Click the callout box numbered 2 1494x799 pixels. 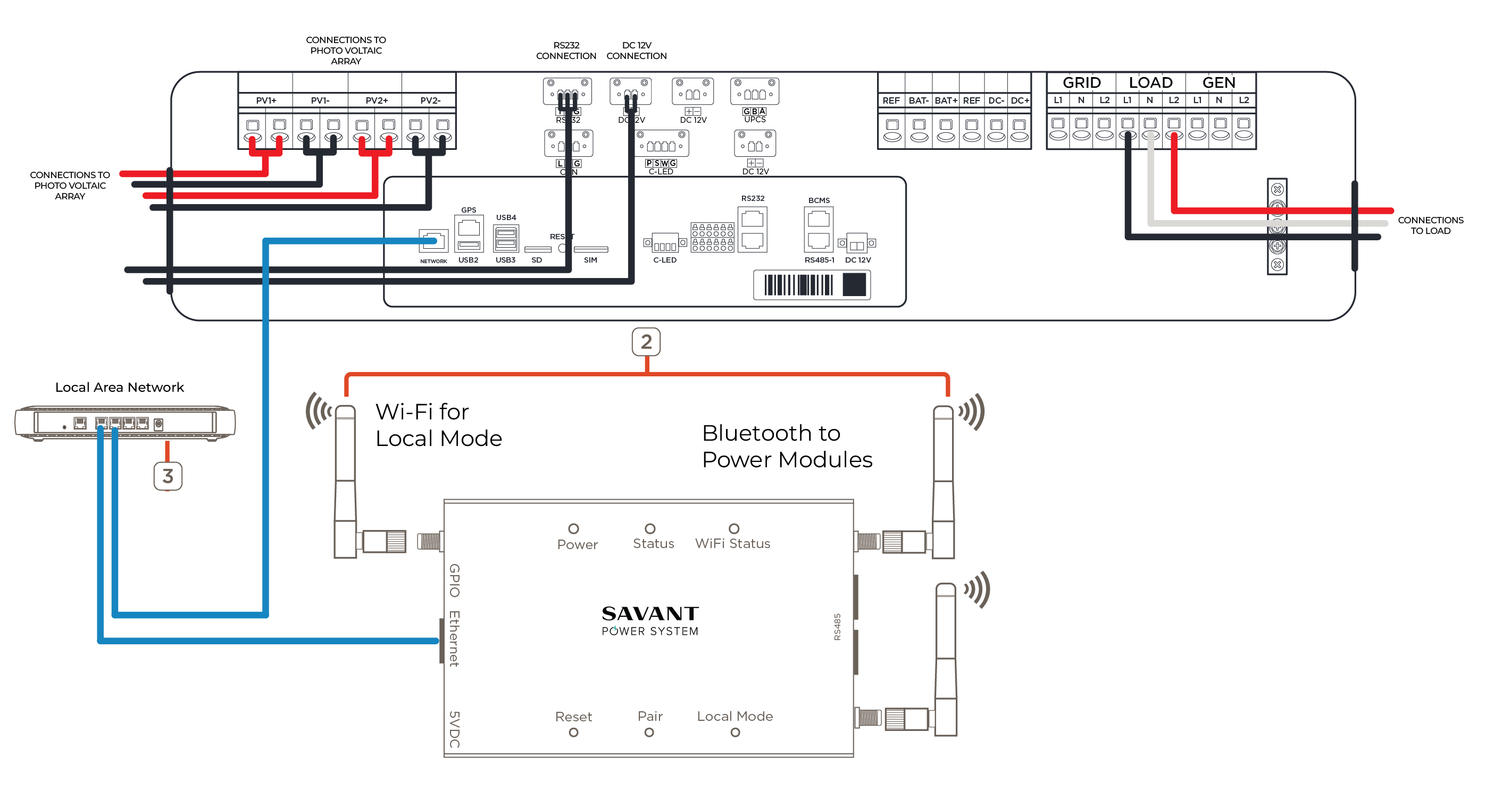[x=646, y=342]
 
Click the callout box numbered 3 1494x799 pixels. [x=168, y=476]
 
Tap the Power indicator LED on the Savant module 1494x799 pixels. [x=573, y=529]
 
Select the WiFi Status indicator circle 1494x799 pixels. [x=733, y=529]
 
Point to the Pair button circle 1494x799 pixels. [x=649, y=733]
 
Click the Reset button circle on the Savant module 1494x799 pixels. [x=573, y=733]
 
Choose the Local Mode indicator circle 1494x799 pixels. [x=735, y=733]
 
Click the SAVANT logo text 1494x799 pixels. [x=649, y=613]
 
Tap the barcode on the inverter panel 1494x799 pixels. [x=799, y=285]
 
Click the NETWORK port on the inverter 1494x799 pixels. [x=433, y=241]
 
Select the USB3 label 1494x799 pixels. [x=505, y=260]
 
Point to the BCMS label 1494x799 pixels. [x=819, y=200]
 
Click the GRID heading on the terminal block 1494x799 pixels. [x=1081, y=83]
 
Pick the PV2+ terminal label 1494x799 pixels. [x=377, y=100]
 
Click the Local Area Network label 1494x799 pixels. [x=120, y=388]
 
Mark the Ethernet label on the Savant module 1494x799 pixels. [x=454, y=638]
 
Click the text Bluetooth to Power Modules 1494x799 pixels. [x=787, y=446]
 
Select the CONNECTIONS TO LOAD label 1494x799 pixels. [x=1430, y=225]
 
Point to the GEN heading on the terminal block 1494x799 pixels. [x=1218, y=83]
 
